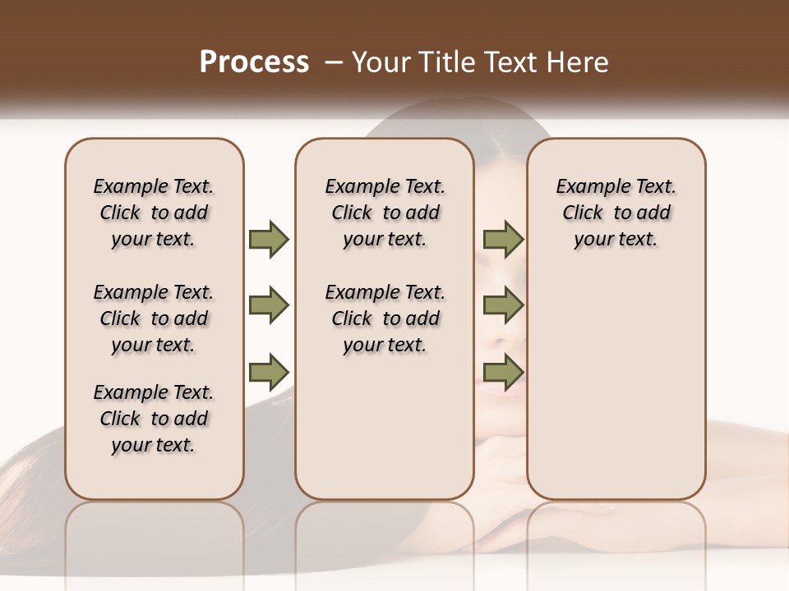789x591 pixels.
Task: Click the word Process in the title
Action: tap(254, 62)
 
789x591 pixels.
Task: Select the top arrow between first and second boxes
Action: tap(269, 240)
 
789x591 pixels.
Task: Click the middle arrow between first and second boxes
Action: tap(269, 305)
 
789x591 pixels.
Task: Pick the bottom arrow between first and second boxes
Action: tap(269, 371)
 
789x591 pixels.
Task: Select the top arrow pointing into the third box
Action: tap(503, 240)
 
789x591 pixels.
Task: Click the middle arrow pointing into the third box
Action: tap(503, 305)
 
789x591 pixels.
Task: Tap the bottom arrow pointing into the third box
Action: tap(503, 371)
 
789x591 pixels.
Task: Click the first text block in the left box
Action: tap(154, 213)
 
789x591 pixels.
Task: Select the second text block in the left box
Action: tap(154, 318)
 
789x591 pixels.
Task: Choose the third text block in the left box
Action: tap(154, 419)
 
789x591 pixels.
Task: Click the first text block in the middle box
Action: tap(385, 213)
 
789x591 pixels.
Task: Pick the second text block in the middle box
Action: tap(385, 318)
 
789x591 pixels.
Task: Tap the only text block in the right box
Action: tap(616, 213)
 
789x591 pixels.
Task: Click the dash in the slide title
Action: tap(334, 62)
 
